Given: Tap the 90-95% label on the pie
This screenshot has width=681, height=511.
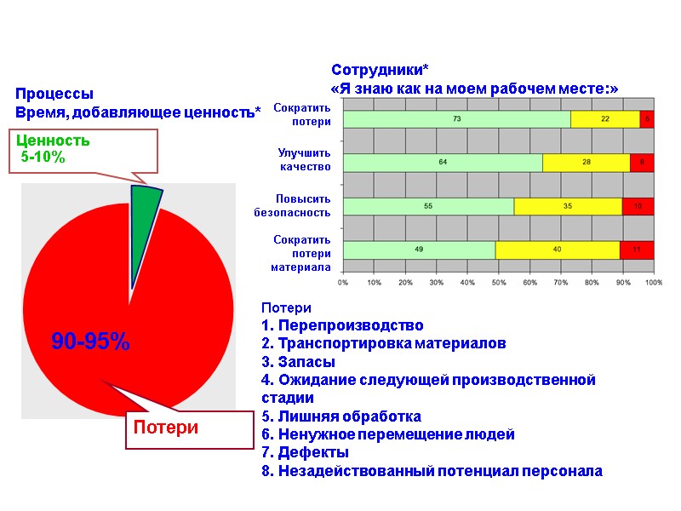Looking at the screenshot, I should (90, 342).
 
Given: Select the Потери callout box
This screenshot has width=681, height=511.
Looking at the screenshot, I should (189, 428).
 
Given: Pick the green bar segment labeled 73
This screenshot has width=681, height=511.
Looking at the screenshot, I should (456, 118).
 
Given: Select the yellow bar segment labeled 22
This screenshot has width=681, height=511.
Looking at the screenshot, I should (604, 118).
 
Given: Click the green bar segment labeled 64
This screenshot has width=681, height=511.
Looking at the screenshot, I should (443, 162).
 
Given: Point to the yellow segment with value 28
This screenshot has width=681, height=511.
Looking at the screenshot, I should (586, 162).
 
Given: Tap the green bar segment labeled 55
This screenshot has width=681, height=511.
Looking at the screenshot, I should (428, 206).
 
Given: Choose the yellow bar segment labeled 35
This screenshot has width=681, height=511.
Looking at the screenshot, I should (568, 206).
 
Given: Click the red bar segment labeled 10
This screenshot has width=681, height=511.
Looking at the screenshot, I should (638, 206).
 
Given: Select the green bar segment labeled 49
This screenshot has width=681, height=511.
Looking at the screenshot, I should (419, 250).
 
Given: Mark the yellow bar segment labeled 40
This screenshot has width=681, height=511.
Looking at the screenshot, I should (557, 250).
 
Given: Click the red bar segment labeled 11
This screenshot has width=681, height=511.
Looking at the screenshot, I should (636, 250).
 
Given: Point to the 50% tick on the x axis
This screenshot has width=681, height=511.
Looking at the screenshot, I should (498, 282).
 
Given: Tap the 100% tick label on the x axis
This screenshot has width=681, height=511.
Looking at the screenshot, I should (652, 282).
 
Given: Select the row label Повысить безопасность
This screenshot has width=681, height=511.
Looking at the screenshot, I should (292, 205).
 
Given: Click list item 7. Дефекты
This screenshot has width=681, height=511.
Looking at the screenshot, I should (305, 452).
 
